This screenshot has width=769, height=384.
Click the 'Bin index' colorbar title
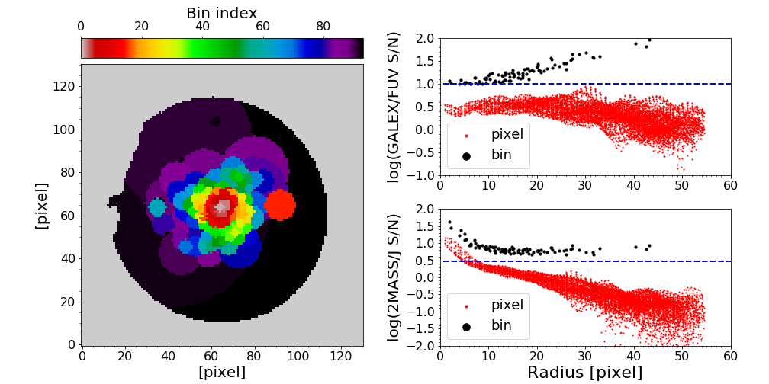pyautogui.click(x=222, y=13)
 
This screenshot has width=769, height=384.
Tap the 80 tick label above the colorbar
pyautogui.click(x=323, y=27)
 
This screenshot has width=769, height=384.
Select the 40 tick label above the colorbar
pyautogui.click(x=202, y=27)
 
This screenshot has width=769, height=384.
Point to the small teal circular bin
pyautogui.click(x=157, y=207)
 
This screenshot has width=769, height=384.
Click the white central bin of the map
pyautogui.click(x=222, y=206)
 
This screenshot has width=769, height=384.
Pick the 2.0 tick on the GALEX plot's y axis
pyautogui.click(x=426, y=39)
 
